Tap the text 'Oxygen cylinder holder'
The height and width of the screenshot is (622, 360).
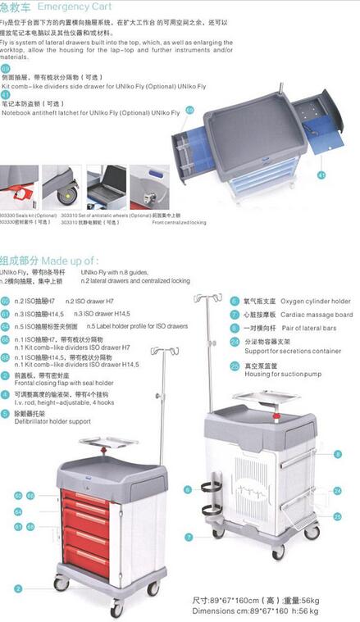(x=296, y=301)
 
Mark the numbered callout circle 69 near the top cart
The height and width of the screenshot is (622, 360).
(x=190, y=110)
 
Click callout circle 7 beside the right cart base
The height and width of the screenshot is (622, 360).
(x=188, y=537)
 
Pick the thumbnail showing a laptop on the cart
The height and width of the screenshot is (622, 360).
(x=106, y=188)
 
